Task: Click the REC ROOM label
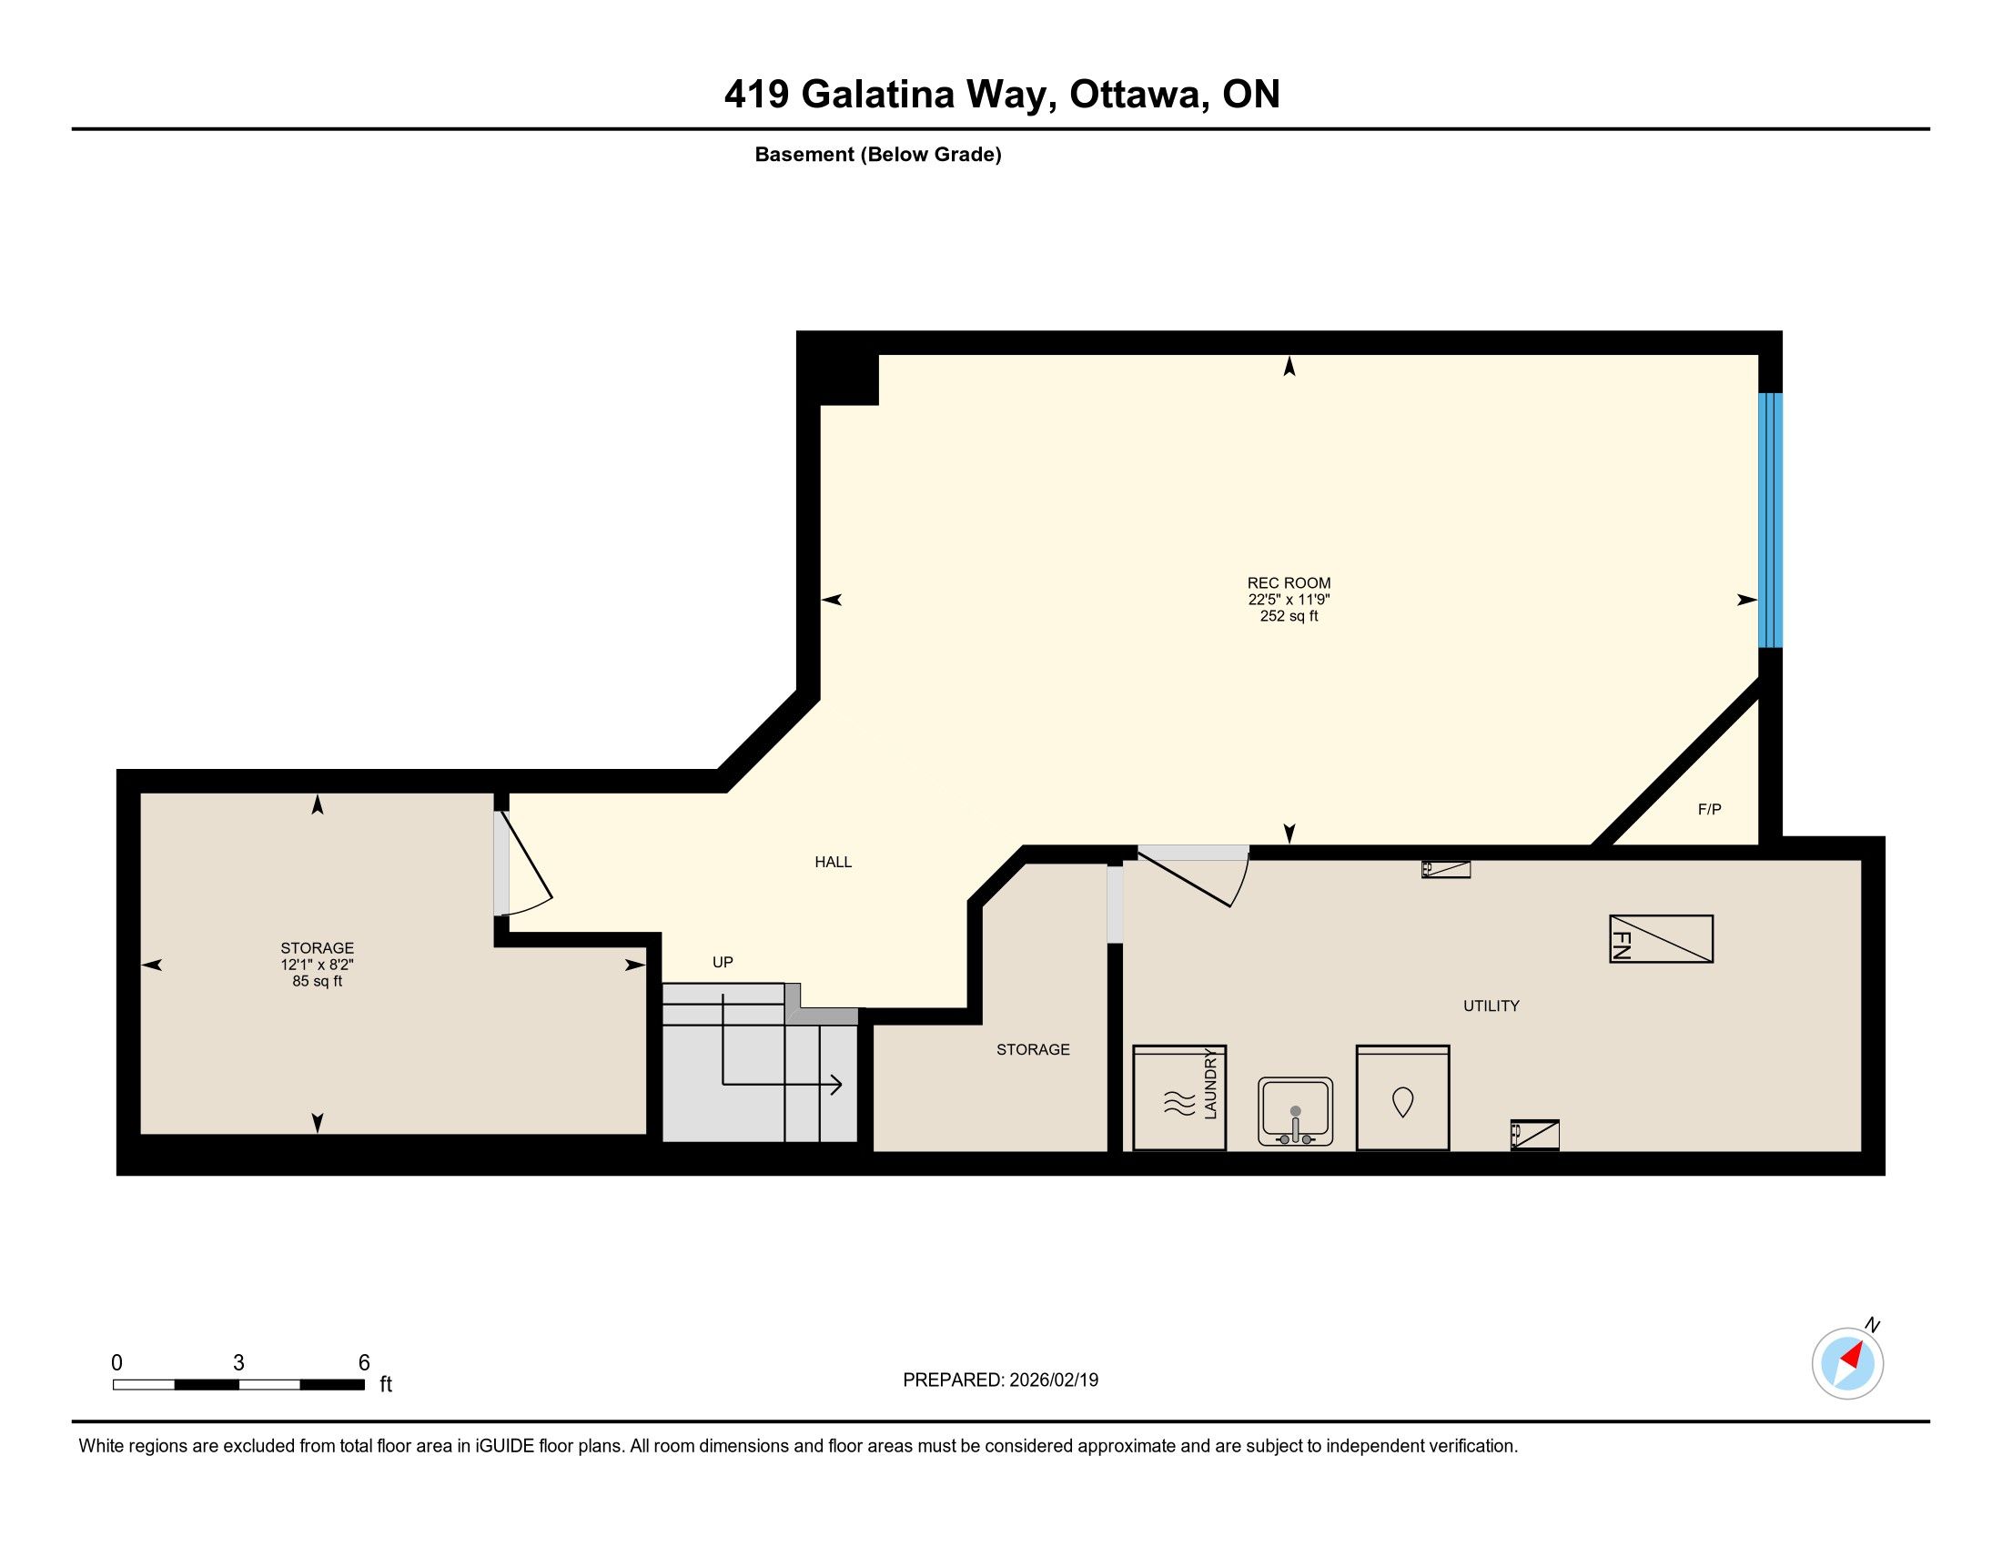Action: tap(1289, 583)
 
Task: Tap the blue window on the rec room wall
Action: tap(1770, 520)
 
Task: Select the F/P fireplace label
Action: tap(1710, 809)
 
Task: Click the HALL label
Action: tap(834, 862)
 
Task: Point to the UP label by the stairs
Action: tap(723, 962)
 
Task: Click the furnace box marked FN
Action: tap(1661, 938)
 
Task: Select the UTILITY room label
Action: tap(1491, 1006)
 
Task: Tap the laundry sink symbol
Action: tap(1295, 1112)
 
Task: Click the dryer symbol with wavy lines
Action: tap(1179, 1098)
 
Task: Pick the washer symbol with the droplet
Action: tap(1402, 1098)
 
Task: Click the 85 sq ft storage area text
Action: tap(318, 981)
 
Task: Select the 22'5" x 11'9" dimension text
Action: tap(1289, 600)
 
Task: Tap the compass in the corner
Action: tap(1848, 1363)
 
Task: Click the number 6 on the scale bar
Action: tap(364, 1362)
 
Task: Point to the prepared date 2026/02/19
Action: tap(1053, 1380)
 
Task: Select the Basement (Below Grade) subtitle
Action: tap(878, 154)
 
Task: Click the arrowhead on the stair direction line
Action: tap(836, 1085)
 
